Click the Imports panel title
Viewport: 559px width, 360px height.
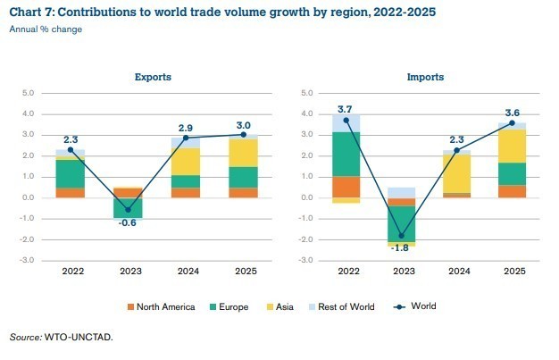tap(427, 77)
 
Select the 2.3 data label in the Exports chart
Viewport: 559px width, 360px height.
tap(71, 138)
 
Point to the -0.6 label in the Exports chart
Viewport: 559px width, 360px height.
tap(128, 223)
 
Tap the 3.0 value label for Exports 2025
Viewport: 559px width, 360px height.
tap(243, 124)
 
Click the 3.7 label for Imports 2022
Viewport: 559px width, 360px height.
tap(346, 108)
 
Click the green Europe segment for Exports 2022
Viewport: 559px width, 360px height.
tap(71, 173)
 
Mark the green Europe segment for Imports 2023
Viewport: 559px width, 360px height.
tap(403, 222)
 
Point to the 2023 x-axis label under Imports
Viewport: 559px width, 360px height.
tap(403, 271)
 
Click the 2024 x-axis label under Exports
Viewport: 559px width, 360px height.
tap(186, 271)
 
